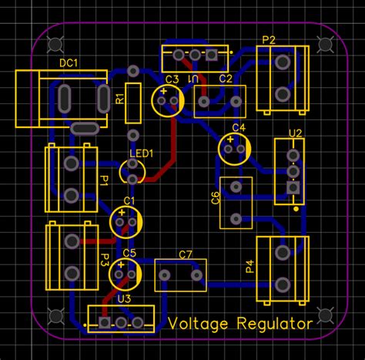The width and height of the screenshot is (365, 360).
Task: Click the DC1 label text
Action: (69, 64)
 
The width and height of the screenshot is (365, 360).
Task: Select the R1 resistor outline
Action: (133, 103)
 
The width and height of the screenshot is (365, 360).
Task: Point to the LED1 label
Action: (140, 153)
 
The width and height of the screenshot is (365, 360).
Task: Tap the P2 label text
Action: (269, 39)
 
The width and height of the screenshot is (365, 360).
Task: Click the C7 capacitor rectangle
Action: (180, 274)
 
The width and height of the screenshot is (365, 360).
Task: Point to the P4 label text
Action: (249, 267)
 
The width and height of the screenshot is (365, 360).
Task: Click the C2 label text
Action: (225, 79)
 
